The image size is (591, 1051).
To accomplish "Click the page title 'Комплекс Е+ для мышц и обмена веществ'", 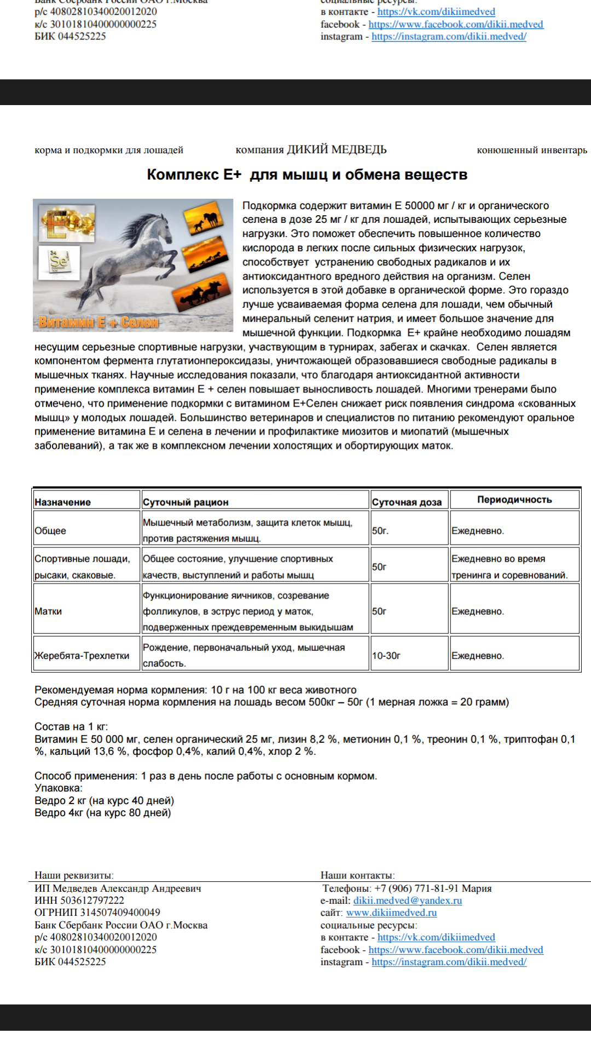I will (x=307, y=175).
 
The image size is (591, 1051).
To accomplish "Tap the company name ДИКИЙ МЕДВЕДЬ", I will (x=337, y=149).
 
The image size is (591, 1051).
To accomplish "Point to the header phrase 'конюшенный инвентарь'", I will (x=531, y=150).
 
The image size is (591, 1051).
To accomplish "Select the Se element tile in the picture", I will (x=59, y=262).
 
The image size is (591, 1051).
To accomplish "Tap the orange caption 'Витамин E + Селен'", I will (x=99, y=322).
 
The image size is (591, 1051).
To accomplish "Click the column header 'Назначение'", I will (x=62, y=502).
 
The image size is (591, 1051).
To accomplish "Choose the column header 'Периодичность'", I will (x=514, y=499).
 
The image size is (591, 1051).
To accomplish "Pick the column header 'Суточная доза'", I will (x=407, y=502).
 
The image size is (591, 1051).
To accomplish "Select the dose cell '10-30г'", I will (x=386, y=655).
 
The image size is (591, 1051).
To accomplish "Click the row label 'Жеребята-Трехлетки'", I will (x=82, y=655).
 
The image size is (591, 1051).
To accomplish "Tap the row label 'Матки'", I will (x=48, y=611).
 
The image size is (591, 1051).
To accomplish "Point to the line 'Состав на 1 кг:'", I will (x=71, y=726).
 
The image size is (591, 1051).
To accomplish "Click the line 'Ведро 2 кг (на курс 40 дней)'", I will (x=104, y=800).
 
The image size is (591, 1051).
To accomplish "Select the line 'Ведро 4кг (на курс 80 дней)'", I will (x=102, y=813).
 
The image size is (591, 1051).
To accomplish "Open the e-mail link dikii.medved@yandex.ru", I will (x=407, y=900).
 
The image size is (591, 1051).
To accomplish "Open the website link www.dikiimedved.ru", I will (x=391, y=913).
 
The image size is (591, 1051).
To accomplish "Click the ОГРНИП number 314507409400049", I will (x=120, y=913).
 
